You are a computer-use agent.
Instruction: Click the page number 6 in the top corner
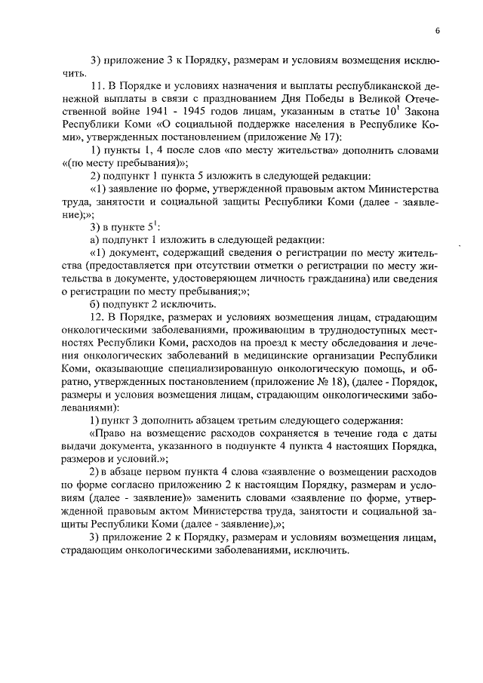[x=437, y=29]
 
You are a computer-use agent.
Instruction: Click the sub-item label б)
[x=94, y=300]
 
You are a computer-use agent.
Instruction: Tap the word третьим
[x=251, y=420]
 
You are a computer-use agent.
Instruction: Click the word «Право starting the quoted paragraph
[x=109, y=433]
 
